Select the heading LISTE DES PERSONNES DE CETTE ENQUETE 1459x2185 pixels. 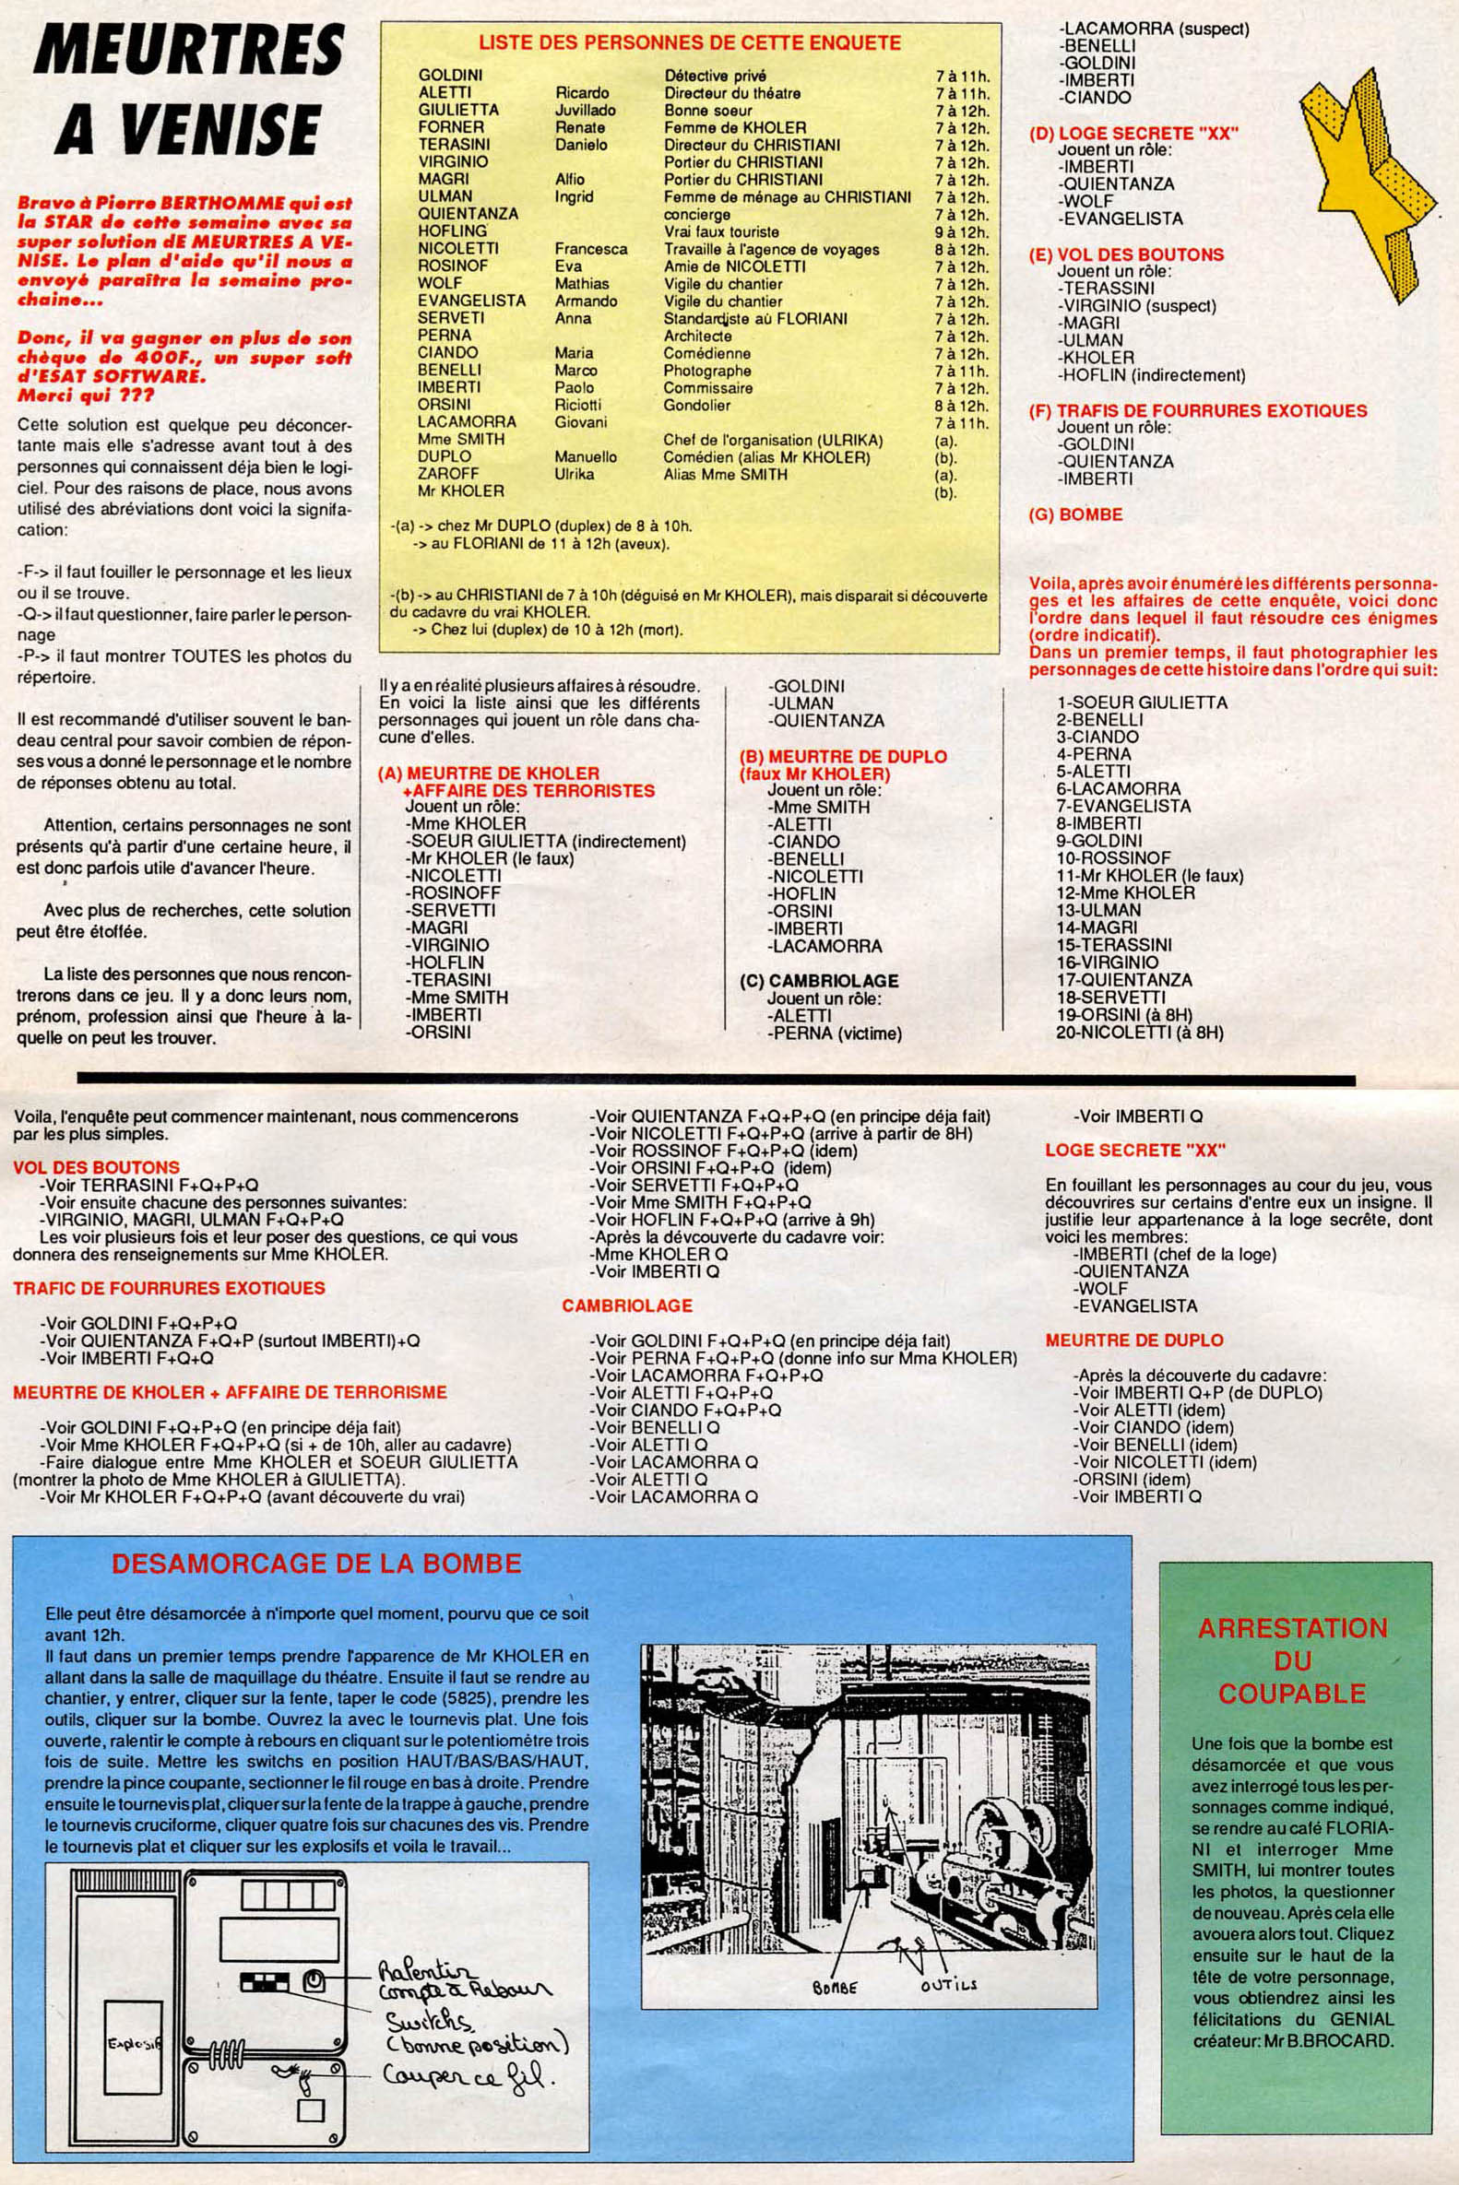click(689, 42)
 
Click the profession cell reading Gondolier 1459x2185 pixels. click(697, 406)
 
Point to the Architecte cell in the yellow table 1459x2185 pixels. click(697, 336)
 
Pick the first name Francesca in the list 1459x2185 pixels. click(591, 249)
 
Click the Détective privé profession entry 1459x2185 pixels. click(715, 76)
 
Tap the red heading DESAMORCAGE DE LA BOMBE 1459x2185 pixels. click(315, 1563)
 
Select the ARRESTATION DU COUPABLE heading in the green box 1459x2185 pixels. click(1292, 1660)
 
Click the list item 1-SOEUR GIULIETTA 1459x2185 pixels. click(1141, 703)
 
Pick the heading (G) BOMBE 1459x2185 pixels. click(1075, 514)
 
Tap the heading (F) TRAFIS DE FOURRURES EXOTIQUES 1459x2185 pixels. click(1196, 410)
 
